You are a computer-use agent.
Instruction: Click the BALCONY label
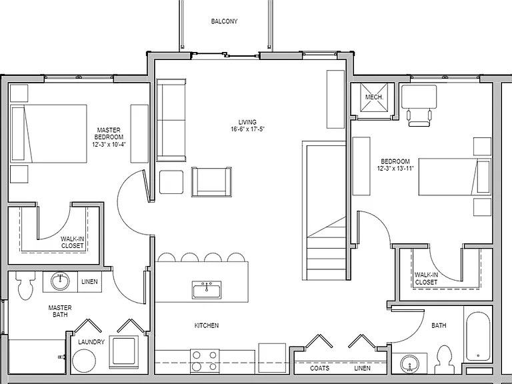(224, 21)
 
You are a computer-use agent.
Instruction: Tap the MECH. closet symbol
(374, 97)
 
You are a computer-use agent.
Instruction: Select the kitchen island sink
(207, 289)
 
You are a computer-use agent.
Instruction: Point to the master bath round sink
(61, 281)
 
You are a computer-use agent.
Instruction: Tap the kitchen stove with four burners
(205, 361)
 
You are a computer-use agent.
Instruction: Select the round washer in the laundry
(84, 361)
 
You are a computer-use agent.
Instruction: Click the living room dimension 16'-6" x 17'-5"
(247, 129)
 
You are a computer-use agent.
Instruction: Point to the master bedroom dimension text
(109, 144)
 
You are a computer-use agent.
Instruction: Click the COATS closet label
(320, 368)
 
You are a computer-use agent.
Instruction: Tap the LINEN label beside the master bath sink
(89, 282)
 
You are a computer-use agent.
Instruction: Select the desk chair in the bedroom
(419, 118)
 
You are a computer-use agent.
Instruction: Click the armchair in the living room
(211, 182)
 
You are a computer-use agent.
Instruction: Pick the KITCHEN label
(207, 325)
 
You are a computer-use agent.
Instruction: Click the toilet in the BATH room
(445, 359)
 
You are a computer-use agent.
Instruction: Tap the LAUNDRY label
(91, 342)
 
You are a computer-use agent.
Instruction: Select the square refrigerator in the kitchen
(272, 358)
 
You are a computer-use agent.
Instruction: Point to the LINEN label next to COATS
(363, 368)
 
